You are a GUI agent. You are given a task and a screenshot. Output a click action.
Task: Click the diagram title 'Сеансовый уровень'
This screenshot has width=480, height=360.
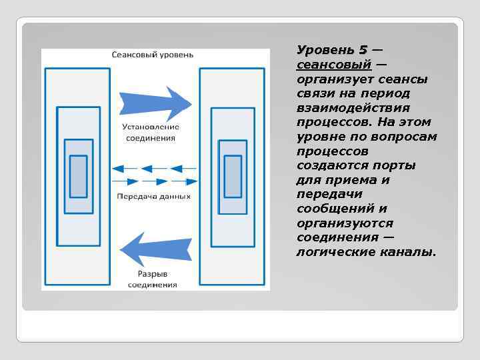[x=153, y=53]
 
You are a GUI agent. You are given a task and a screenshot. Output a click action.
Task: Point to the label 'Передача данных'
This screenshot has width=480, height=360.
[x=154, y=196]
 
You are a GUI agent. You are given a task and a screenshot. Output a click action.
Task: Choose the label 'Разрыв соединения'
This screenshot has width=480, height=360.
[x=153, y=279]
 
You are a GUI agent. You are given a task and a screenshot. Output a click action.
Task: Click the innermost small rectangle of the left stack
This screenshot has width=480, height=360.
[x=79, y=176]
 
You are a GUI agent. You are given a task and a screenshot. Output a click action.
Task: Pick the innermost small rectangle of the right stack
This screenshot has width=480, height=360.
[x=233, y=176]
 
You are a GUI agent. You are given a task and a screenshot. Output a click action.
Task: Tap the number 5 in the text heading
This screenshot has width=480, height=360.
[x=363, y=50]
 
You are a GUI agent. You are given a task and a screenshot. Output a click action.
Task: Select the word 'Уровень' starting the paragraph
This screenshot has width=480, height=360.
[x=325, y=50]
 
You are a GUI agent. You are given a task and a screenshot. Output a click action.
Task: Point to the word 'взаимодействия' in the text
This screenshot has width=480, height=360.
[x=353, y=108]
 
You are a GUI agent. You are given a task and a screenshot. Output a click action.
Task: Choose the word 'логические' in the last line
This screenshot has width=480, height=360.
[x=336, y=252]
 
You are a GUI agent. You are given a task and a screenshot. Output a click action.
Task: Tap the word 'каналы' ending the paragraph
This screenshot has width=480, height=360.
[x=408, y=252]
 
